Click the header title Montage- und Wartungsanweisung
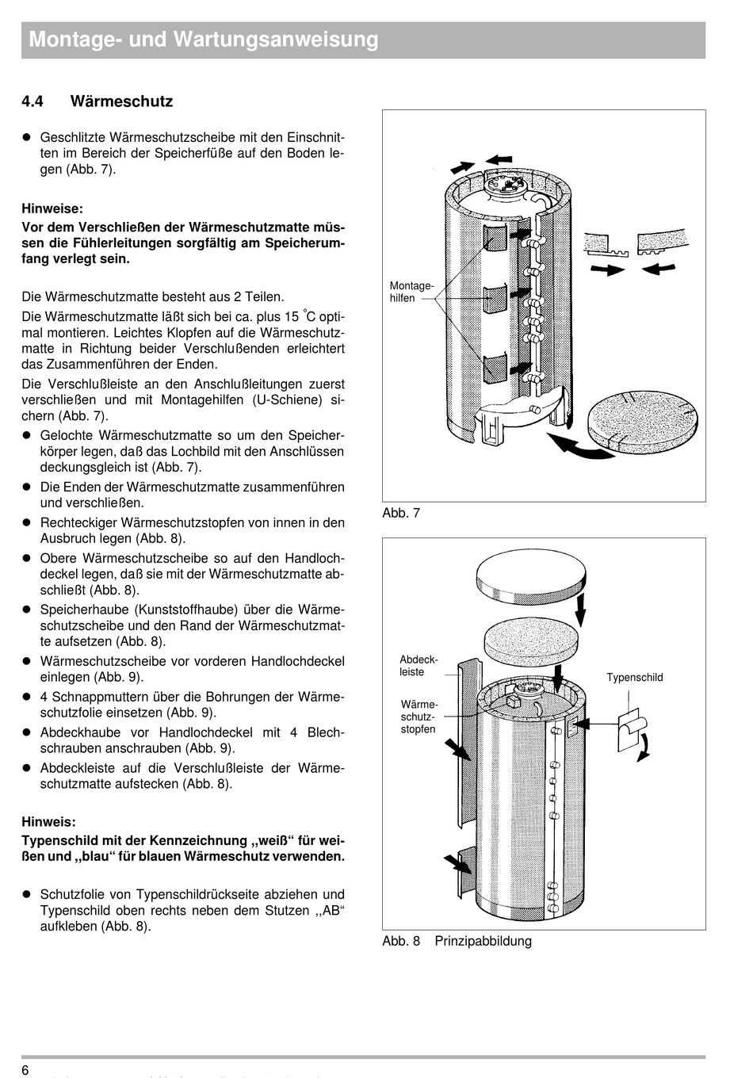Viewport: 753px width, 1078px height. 204,40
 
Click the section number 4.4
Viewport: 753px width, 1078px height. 32,101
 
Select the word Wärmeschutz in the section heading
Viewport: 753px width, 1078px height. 121,101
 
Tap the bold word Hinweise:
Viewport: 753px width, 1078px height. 52,209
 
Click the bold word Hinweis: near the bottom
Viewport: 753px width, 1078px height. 49,822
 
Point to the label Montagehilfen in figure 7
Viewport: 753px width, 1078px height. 411,292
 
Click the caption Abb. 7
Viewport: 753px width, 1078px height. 401,513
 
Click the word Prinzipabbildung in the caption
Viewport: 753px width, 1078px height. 483,941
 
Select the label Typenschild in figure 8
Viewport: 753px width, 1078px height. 634,677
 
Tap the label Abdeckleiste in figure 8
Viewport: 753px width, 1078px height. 419,666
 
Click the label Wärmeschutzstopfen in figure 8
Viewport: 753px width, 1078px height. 419,717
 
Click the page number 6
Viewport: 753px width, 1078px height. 25,1071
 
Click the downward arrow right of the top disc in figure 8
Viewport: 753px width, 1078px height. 581,609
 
